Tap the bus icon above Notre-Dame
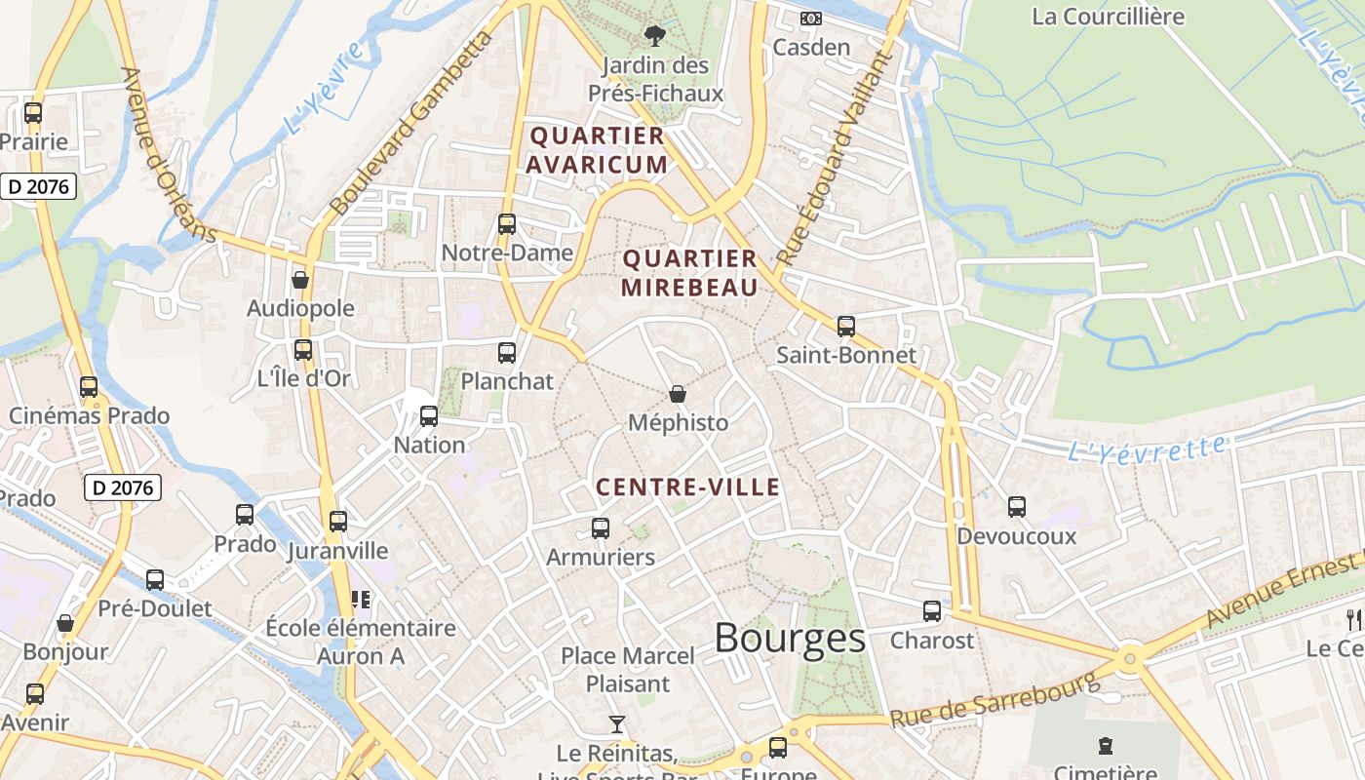click(506, 224)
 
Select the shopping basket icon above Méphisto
click(678, 394)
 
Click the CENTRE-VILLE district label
click(687, 487)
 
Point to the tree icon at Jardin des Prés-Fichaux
click(654, 36)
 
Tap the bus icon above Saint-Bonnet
click(846, 327)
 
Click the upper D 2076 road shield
click(39, 185)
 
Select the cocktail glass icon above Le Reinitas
click(616, 723)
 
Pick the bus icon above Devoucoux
click(1017, 507)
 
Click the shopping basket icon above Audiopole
click(300, 280)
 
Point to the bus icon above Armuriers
click(601, 528)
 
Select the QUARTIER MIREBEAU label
click(689, 273)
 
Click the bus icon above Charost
click(932, 611)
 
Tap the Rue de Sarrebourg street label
click(994, 700)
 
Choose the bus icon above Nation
click(428, 416)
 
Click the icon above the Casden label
click(811, 19)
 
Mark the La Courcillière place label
click(1108, 17)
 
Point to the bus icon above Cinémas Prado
click(89, 387)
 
